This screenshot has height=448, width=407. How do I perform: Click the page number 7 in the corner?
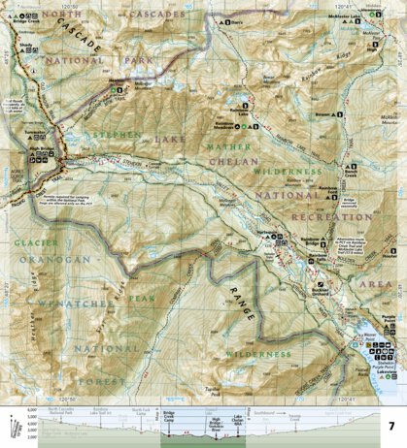click(x=390, y=426)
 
